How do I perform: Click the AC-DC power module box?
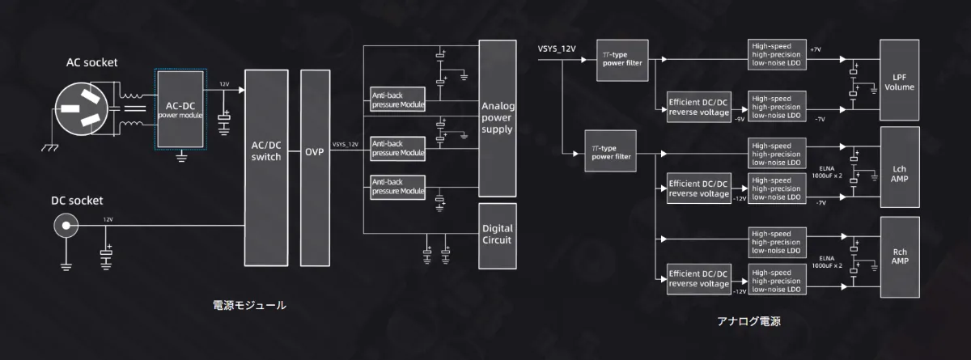tap(180, 110)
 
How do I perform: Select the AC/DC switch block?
tap(266, 167)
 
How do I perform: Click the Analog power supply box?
tap(498, 117)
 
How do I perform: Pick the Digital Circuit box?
tap(498, 235)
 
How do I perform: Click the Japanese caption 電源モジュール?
tap(249, 305)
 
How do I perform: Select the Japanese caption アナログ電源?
tap(749, 321)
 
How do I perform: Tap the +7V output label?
tap(815, 50)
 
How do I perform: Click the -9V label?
tap(739, 119)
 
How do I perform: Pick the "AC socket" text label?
tap(93, 62)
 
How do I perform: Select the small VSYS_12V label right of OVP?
tap(346, 145)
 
